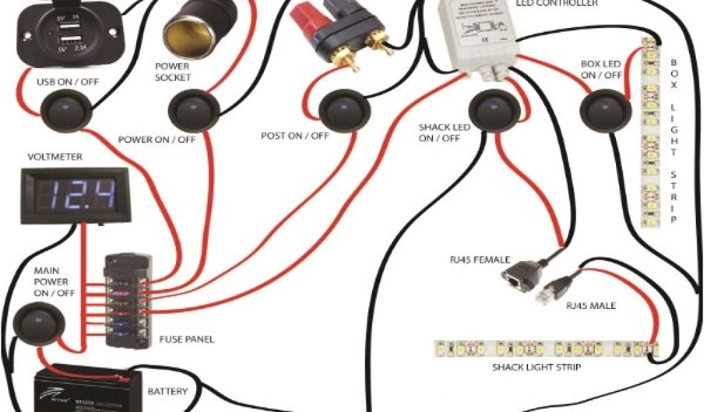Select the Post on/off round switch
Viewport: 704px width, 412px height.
[342, 111]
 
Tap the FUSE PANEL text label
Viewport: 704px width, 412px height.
[187, 339]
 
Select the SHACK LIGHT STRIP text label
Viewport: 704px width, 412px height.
[536, 367]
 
